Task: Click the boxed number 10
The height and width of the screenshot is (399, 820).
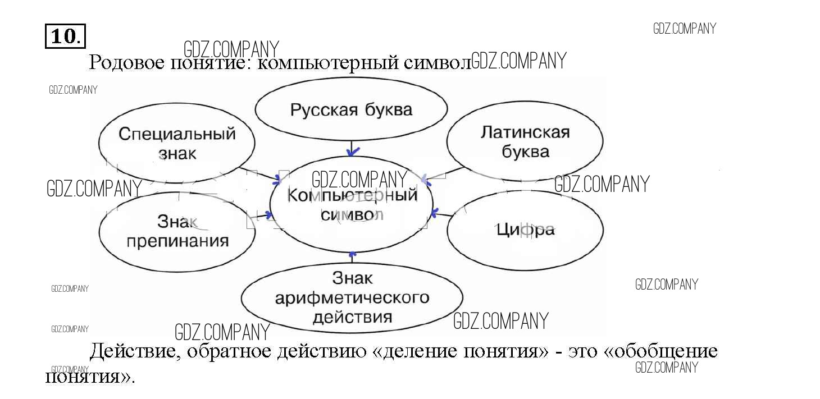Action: (x=65, y=36)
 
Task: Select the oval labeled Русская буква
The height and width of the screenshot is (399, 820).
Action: (x=351, y=109)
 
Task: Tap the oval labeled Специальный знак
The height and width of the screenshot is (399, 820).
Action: (x=176, y=143)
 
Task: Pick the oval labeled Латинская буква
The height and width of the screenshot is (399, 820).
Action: (x=525, y=141)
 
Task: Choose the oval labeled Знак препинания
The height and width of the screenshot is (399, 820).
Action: (x=176, y=231)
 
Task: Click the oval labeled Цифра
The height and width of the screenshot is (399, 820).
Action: (x=525, y=230)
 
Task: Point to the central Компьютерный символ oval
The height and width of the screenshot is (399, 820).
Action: (x=352, y=205)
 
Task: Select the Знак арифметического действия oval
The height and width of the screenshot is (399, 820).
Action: (x=352, y=297)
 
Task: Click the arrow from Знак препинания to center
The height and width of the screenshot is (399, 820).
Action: (x=259, y=215)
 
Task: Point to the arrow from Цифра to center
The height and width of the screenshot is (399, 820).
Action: (x=441, y=213)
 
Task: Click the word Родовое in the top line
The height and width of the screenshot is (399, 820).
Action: (x=125, y=62)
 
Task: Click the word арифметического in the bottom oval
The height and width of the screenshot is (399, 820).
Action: (x=352, y=297)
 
